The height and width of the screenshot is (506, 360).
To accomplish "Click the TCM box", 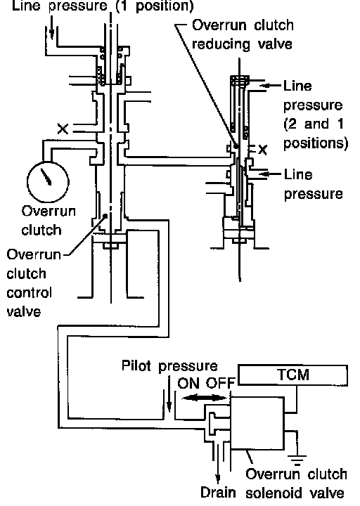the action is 292,375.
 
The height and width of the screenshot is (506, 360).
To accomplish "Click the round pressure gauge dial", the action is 48,182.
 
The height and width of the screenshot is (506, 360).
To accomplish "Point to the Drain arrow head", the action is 218,479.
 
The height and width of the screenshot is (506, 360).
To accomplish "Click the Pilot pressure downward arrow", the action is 169,394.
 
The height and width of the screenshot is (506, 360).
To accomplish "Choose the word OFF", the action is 219,384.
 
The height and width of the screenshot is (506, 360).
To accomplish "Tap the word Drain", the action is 218,493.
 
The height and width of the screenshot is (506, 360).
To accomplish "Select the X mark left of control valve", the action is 63,129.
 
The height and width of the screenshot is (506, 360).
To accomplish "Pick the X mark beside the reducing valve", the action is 263,150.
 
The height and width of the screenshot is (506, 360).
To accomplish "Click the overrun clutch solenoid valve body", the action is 257,423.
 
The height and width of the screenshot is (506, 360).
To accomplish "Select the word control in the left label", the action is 29,292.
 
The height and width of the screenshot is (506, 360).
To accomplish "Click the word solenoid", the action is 275,493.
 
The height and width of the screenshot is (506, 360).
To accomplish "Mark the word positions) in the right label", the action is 316,143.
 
